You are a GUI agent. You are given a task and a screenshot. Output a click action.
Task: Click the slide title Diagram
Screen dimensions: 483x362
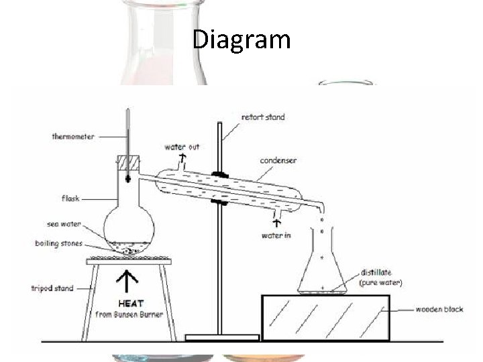pos(241,40)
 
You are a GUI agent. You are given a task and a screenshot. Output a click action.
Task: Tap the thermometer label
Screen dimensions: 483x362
pos(73,137)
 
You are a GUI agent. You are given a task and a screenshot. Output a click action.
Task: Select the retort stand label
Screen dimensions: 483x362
pos(262,117)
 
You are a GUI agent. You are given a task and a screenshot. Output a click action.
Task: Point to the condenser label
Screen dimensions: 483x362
pos(279,160)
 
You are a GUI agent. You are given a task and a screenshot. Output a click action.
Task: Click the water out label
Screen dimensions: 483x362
pos(182,147)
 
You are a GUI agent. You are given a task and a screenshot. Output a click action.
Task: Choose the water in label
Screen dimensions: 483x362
pos(276,235)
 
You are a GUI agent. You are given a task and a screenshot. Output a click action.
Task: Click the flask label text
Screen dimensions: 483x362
pos(70,198)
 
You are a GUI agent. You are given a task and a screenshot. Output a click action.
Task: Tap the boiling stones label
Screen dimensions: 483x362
pos(60,243)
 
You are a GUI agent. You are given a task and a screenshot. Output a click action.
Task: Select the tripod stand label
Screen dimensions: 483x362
pos(53,289)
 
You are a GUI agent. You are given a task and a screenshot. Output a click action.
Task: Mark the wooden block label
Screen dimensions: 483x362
pos(437,310)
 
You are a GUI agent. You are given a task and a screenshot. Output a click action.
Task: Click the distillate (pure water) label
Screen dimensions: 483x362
pos(380,278)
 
